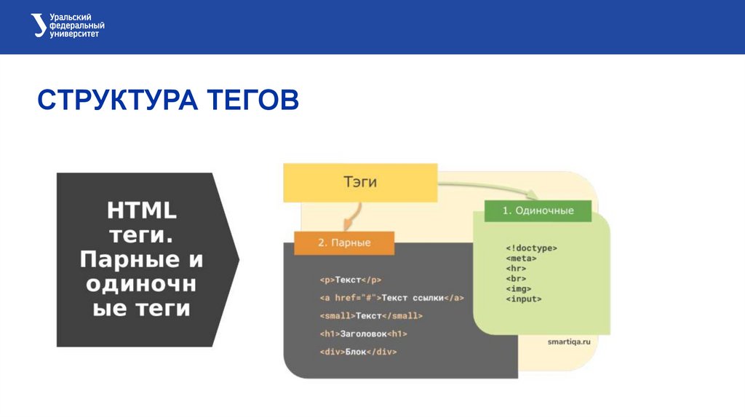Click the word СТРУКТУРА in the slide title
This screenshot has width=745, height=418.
coord(116,100)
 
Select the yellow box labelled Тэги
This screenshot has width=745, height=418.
coord(360,182)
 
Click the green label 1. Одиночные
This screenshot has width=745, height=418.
coord(538,210)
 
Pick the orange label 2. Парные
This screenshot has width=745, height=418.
coord(344,242)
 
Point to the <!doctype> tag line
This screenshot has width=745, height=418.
coord(531,248)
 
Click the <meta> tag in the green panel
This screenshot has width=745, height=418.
coord(521,258)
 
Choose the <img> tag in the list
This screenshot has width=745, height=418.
coord(518,288)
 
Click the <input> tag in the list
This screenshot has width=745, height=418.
coord(523,299)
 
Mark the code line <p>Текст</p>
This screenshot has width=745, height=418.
coord(350,280)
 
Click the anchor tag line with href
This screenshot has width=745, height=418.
coord(391,298)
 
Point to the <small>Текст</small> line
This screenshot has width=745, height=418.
coord(370,316)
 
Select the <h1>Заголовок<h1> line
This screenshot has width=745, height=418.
coord(363,334)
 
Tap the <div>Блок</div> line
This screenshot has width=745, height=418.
coord(357,352)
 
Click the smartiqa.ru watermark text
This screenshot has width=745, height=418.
coord(568,341)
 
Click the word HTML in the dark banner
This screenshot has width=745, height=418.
coord(143,210)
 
